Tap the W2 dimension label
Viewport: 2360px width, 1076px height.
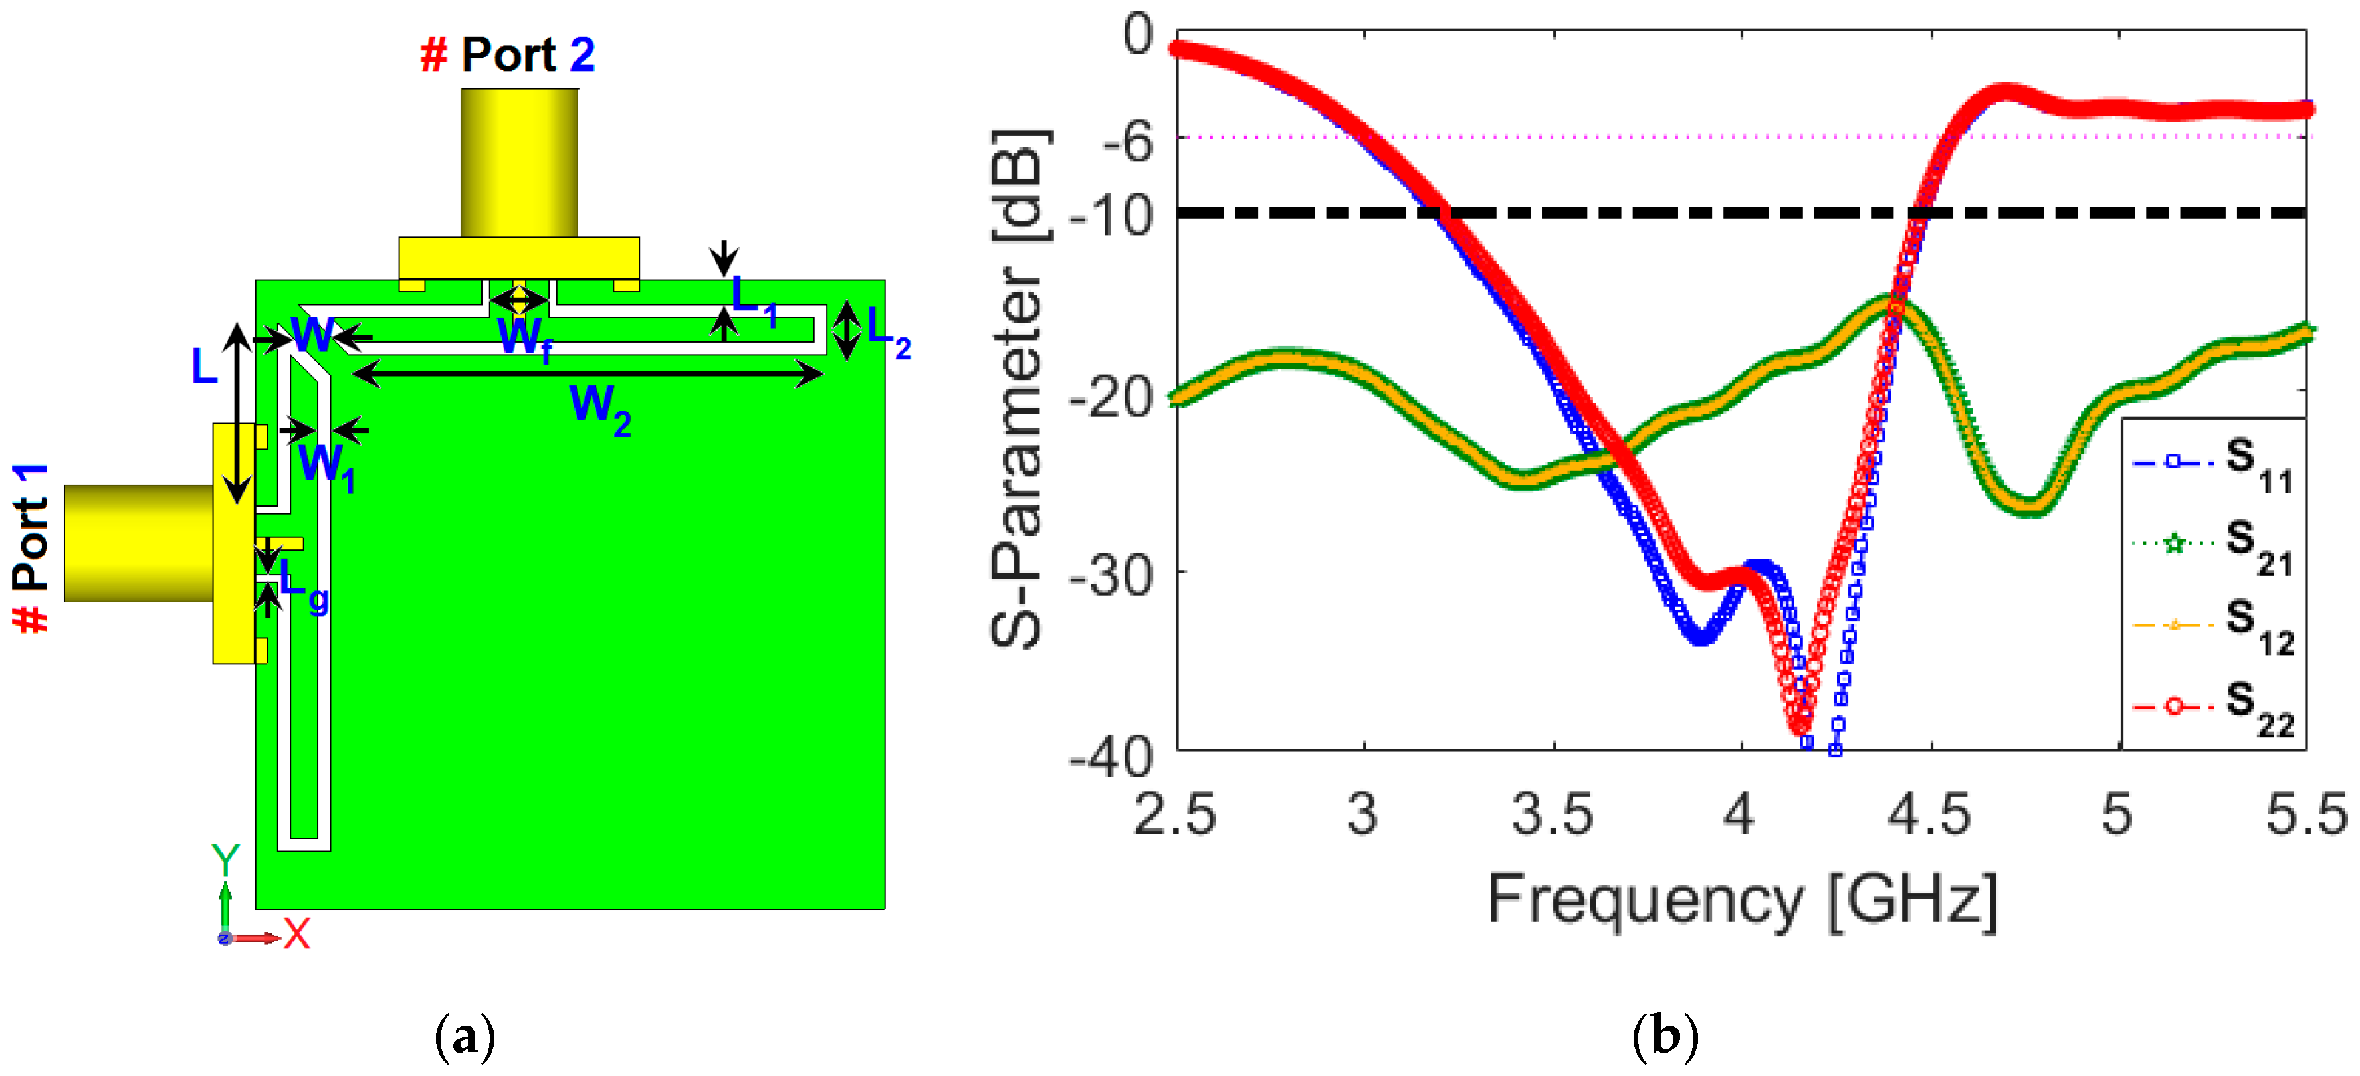pyautogui.click(x=600, y=408)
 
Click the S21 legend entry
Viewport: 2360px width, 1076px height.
pyautogui.click(x=2212, y=544)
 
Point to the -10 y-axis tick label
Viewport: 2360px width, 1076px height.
pyautogui.click(x=1111, y=216)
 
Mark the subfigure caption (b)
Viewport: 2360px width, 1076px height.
pyautogui.click(x=1665, y=1037)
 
